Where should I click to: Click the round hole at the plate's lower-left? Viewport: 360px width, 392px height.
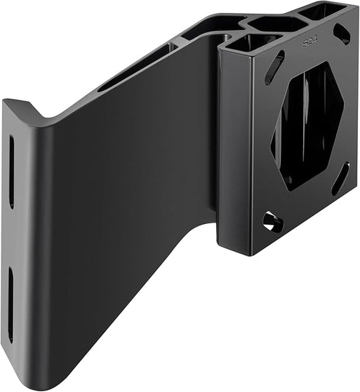click(x=272, y=221)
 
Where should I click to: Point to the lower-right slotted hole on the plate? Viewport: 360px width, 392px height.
click(x=340, y=178)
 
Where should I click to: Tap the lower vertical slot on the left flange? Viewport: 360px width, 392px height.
click(x=10, y=304)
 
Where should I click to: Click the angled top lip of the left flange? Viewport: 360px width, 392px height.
click(x=27, y=112)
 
